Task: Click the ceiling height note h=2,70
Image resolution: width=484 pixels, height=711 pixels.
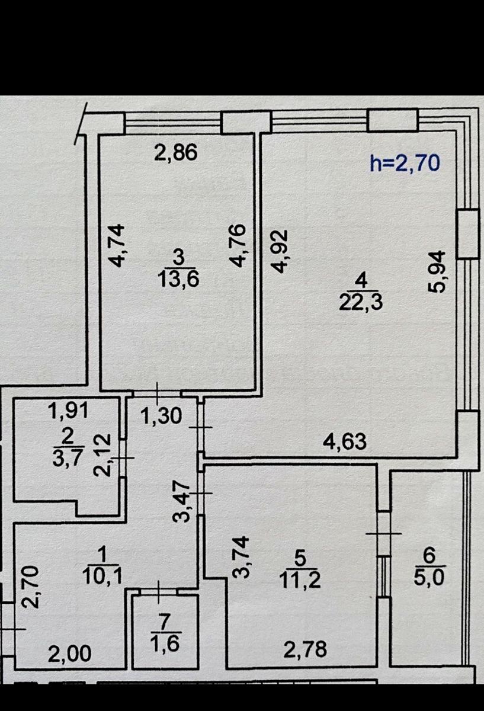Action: point(405,162)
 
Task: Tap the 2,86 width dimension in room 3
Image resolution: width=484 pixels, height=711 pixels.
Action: point(175,153)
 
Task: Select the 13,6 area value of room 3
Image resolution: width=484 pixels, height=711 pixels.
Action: point(178,278)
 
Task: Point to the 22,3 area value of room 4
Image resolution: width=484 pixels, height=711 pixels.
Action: point(361,303)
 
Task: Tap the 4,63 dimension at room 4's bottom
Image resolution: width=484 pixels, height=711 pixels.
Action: point(345,441)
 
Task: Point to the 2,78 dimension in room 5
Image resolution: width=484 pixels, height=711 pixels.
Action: point(305,650)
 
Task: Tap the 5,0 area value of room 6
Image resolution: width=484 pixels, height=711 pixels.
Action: point(429,575)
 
